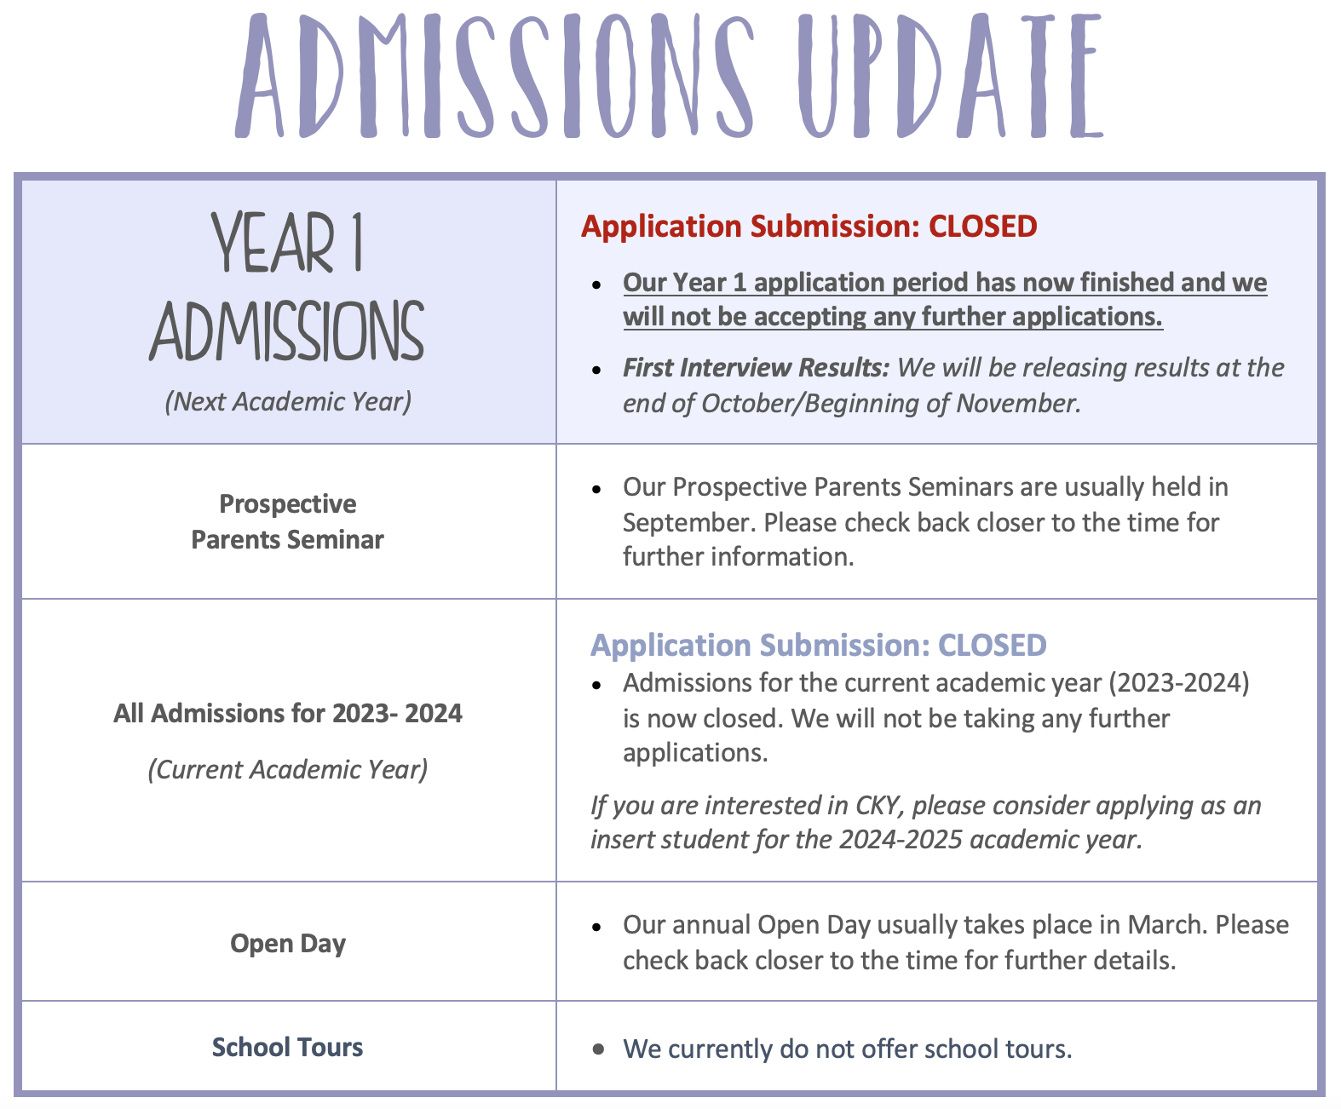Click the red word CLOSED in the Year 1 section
982,227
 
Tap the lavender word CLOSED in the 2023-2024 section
992,646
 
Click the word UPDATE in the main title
950,77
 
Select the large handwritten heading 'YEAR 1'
288,244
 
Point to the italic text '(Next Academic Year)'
288,401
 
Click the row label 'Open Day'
288,944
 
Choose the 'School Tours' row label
288,1048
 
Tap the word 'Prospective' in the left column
288,504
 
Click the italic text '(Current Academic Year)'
288,770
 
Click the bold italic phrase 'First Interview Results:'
756,368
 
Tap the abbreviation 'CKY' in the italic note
879,806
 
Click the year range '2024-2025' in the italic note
901,840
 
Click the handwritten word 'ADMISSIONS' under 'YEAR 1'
288,330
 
